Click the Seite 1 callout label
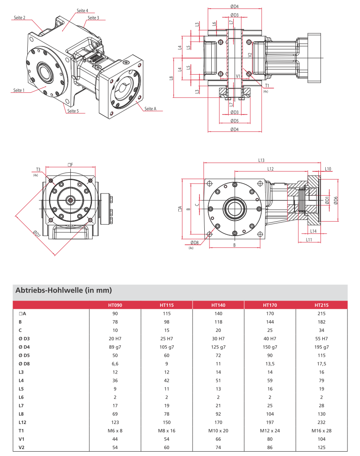[x=19, y=90]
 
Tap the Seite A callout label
[x=150, y=108]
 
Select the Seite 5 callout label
[x=73, y=111]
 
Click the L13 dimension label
[x=261, y=161]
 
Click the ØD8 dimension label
[x=194, y=243]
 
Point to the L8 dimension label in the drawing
[x=172, y=78]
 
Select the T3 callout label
[x=38, y=169]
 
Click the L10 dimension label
[x=328, y=169]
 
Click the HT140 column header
[x=218, y=305]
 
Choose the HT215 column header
[x=321, y=305]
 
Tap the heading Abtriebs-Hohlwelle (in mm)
[x=64, y=290]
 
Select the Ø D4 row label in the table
[x=24, y=347]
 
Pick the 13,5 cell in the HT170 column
[x=270, y=364]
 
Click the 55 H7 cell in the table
[x=321, y=339]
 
